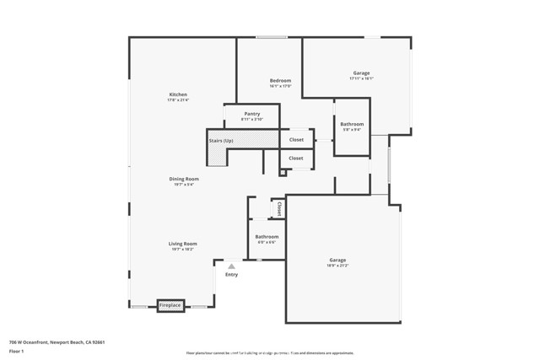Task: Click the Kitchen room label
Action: pos(178,94)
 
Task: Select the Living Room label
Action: pos(183,244)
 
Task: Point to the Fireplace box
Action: pos(170,305)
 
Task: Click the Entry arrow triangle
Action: pos(231,266)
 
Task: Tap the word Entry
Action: pos(231,275)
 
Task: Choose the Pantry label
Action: pos(251,114)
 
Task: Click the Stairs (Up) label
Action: pos(221,140)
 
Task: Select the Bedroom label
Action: pos(280,80)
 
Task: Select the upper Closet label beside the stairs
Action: pos(296,140)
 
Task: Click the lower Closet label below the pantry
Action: pos(296,159)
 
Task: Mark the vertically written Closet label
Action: pos(278,208)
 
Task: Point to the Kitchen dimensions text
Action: pos(178,100)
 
